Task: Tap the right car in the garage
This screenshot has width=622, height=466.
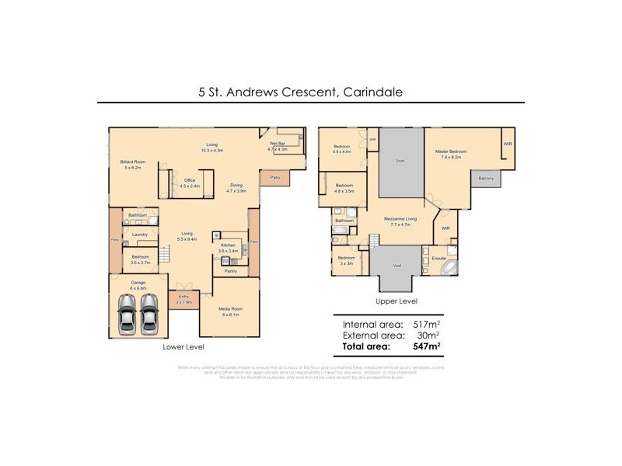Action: pos(149,315)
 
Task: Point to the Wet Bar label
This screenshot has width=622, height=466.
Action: pos(278,144)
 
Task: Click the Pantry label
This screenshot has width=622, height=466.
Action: pos(230,271)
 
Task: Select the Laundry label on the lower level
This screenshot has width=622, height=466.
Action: pos(140,234)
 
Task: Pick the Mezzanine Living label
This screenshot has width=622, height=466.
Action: pos(401,219)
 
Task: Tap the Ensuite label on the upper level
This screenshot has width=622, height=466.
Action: pos(439,254)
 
